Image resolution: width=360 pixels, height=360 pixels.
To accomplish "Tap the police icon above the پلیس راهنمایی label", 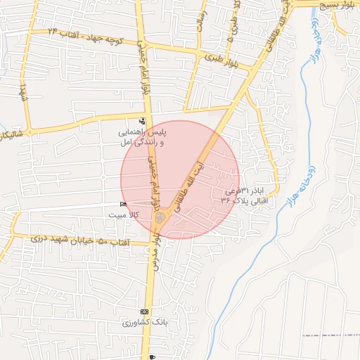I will (143, 121).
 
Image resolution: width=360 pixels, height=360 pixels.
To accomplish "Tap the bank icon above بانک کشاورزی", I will (144, 311).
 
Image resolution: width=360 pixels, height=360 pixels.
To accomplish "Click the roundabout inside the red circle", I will (160, 219).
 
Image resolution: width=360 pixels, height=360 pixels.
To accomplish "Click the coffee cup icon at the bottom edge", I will (153, 357).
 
